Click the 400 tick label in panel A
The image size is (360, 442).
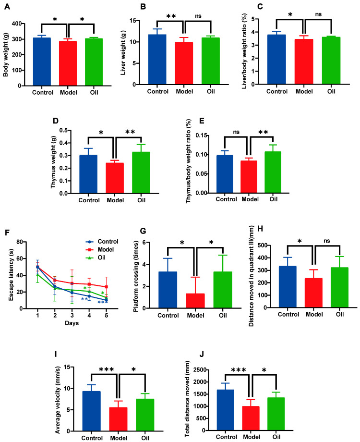(17, 24)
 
